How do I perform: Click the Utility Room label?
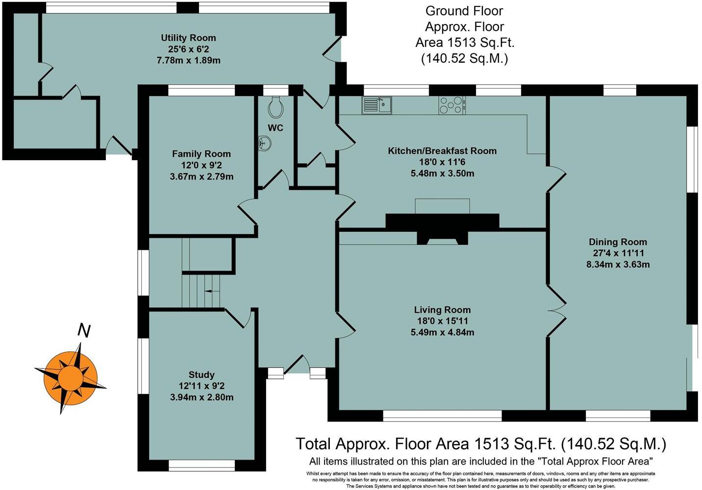point(188,38)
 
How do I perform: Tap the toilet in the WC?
point(276,107)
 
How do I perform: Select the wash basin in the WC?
point(264,144)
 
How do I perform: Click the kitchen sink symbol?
point(376,105)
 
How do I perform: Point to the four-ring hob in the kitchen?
point(452,105)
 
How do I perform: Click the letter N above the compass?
point(84,331)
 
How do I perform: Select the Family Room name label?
point(201,154)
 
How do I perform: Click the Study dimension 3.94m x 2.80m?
point(201,397)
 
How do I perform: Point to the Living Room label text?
point(442,310)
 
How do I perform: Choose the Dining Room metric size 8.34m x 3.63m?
point(617,264)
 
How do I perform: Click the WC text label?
point(276,128)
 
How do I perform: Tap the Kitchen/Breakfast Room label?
point(442,151)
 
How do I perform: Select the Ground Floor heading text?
point(464,11)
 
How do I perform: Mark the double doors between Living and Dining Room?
point(557,311)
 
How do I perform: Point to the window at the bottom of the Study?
point(201,465)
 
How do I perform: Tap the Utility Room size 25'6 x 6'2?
point(188,49)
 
